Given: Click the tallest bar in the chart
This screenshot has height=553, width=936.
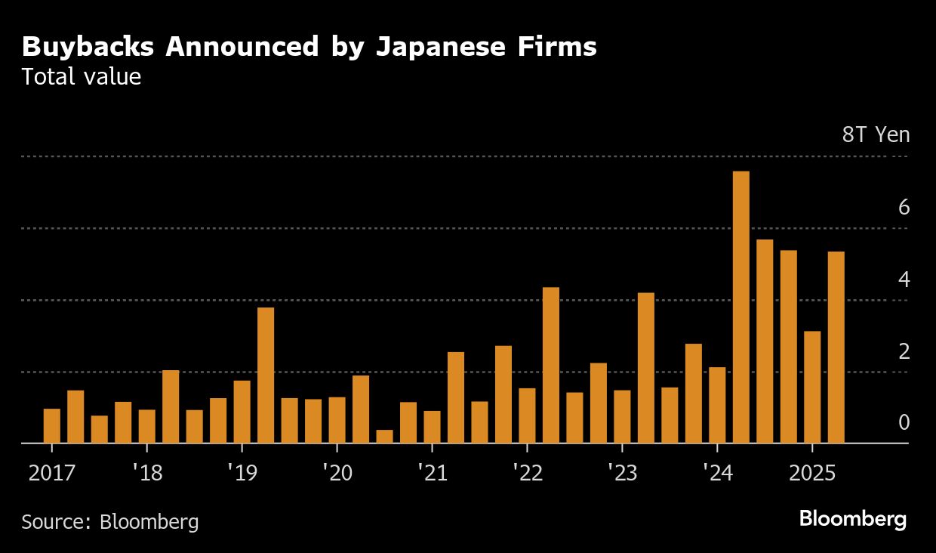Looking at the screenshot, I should pyautogui.click(x=740, y=307).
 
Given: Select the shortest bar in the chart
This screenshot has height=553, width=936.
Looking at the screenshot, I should pyautogui.click(x=384, y=436).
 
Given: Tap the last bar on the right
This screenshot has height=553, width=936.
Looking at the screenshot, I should pyautogui.click(x=836, y=347).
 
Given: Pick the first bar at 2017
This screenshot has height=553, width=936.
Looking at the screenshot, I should pyautogui.click(x=52, y=425).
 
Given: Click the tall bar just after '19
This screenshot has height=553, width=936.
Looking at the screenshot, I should pyautogui.click(x=266, y=375).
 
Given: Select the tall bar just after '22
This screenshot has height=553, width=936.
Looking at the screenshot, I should pyautogui.click(x=551, y=365).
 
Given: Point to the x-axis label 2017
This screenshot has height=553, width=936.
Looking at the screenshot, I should pyautogui.click(x=51, y=474).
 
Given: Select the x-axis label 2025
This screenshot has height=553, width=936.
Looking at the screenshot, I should pyautogui.click(x=811, y=474).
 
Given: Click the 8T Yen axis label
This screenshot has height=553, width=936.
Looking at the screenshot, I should pyautogui.click(x=876, y=135).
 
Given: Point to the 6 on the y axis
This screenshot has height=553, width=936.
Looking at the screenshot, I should pyautogui.click(x=904, y=208).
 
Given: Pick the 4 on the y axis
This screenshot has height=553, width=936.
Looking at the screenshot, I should pyautogui.click(x=904, y=280).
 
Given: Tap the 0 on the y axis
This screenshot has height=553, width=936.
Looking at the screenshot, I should pyautogui.click(x=904, y=423).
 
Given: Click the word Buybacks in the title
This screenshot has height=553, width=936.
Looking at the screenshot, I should pyautogui.click(x=88, y=48).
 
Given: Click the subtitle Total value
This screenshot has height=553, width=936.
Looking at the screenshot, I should pyautogui.click(x=82, y=77).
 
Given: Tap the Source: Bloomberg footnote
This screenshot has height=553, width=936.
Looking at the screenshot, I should pyautogui.click(x=110, y=521).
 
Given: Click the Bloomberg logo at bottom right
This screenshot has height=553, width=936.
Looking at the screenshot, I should pyautogui.click(x=853, y=519).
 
